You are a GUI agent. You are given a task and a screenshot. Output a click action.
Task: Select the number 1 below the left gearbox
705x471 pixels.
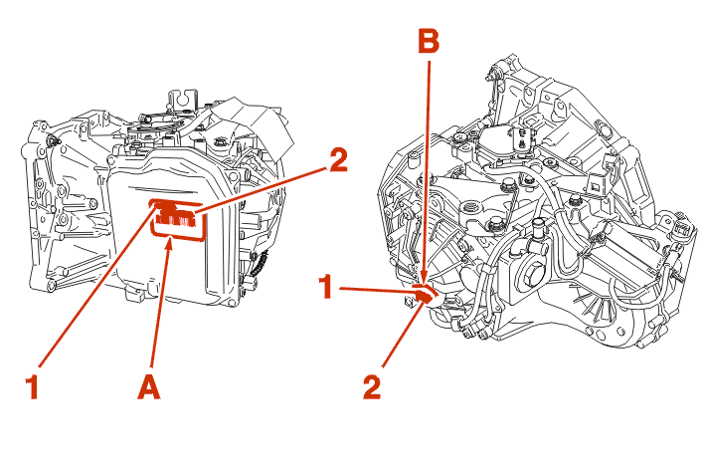click(x=33, y=384)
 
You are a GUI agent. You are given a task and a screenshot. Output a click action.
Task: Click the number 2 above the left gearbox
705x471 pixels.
click(x=337, y=161)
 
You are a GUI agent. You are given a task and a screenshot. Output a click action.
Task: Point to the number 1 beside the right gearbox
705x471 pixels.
click(x=324, y=288)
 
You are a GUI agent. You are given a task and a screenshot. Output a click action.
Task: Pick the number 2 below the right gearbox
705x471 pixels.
click(x=371, y=384)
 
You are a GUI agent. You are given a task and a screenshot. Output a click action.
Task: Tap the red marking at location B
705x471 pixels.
click(x=424, y=294)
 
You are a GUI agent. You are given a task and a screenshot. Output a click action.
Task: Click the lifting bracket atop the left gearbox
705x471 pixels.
click(x=180, y=100)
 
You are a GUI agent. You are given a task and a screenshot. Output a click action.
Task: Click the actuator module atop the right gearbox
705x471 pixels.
click(x=517, y=140)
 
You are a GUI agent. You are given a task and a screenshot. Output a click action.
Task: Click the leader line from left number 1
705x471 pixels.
click(x=94, y=289)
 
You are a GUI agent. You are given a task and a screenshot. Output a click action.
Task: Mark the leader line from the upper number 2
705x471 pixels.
click(x=264, y=189)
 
